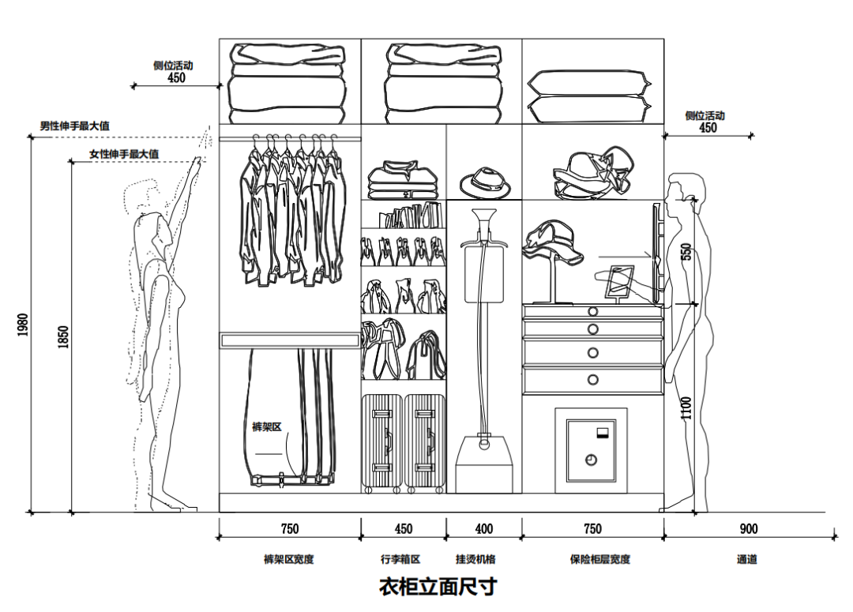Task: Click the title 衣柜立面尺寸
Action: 438,588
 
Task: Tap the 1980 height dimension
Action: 23,325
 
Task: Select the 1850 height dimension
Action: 64,336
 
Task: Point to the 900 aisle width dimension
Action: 748,529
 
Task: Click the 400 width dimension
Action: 483,529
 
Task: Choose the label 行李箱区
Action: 400,560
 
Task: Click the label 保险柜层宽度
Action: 600,560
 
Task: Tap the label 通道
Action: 747,560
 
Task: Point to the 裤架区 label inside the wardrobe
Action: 266,427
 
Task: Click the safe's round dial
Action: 590,459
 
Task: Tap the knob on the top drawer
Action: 593,310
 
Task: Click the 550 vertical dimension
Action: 686,252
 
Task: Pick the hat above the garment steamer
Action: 485,183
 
